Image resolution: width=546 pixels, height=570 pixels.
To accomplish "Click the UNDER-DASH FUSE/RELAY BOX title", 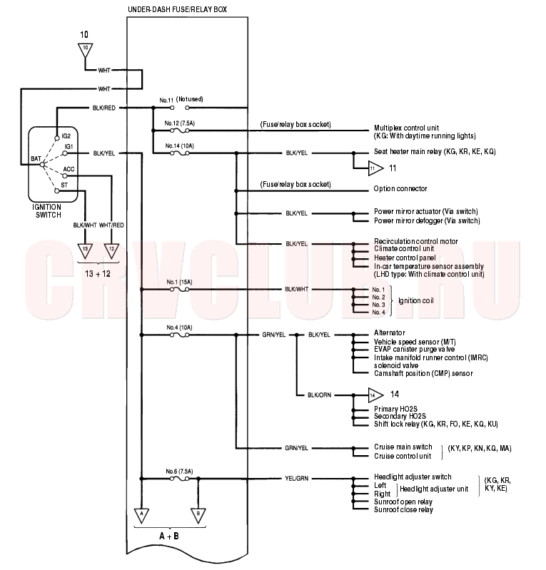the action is (177, 9).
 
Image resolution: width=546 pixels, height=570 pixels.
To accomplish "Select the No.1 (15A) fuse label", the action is (179, 282).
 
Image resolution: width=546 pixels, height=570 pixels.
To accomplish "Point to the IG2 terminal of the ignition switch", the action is (57, 138).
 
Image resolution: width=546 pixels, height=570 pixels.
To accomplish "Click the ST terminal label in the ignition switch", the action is (64, 185).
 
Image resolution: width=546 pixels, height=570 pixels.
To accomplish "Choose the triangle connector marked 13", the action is (85, 251).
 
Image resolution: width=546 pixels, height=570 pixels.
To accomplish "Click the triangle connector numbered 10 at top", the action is (85, 50).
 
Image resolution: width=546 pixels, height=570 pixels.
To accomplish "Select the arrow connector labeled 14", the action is (375, 395).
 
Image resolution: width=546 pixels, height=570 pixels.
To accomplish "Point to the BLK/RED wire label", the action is (104, 108).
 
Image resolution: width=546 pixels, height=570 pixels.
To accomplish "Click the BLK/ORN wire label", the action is (319, 395).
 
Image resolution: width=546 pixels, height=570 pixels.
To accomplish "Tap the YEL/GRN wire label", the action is (296, 479).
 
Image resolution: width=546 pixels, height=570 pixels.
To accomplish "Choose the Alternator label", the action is (389, 332).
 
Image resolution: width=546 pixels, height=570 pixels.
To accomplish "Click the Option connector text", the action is (400, 188).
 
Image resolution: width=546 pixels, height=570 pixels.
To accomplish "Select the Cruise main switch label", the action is (403, 447).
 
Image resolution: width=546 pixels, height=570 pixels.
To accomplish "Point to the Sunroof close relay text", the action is (403, 509).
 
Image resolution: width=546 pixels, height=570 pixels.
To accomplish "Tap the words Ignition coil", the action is (416, 300).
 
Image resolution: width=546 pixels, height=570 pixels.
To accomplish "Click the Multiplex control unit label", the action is (406, 128).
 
